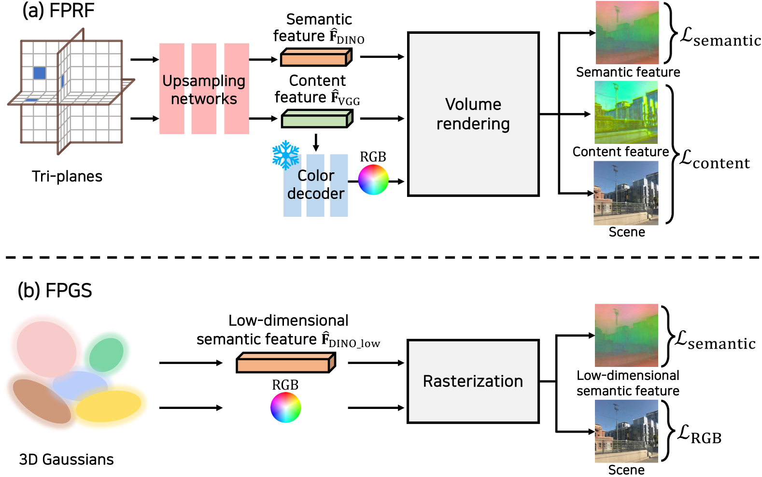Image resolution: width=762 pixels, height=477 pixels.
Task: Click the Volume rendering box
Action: click(x=473, y=114)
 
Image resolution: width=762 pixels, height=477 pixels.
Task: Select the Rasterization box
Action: click(x=473, y=381)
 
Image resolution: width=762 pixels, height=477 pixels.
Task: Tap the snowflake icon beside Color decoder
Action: click(x=286, y=155)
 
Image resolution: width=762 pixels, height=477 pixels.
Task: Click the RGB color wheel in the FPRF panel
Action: click(x=373, y=180)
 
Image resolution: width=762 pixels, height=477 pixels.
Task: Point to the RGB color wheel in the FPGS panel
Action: click(x=285, y=407)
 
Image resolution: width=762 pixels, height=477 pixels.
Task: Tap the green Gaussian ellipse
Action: click(x=106, y=355)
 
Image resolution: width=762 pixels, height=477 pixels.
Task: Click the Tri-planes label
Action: click(x=67, y=176)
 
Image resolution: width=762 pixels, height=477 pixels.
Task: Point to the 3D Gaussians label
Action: click(x=66, y=459)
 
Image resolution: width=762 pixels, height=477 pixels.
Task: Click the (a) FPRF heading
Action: click(x=58, y=11)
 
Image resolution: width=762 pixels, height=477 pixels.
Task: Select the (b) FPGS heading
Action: click(x=55, y=291)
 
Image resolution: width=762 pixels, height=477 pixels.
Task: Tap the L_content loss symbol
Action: click(x=714, y=160)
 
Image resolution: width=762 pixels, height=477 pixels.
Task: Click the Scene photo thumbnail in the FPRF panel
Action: click(x=626, y=193)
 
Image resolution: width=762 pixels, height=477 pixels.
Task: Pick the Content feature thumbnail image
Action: click(x=626, y=112)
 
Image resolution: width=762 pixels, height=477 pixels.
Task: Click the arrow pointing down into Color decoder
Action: click(x=316, y=142)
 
